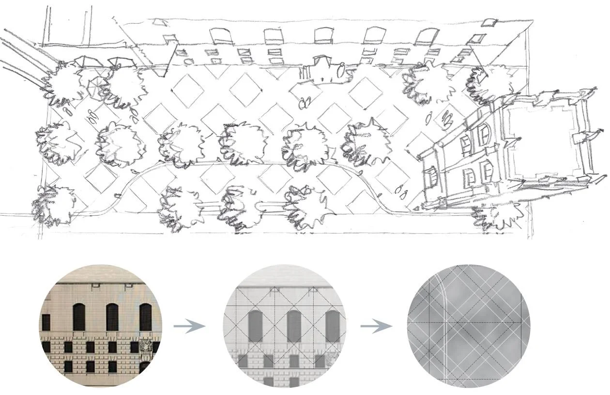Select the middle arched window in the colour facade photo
(112, 317)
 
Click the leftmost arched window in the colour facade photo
(79, 317)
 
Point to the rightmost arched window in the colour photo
(145, 317)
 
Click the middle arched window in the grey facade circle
(295, 326)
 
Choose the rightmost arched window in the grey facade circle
(332, 326)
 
